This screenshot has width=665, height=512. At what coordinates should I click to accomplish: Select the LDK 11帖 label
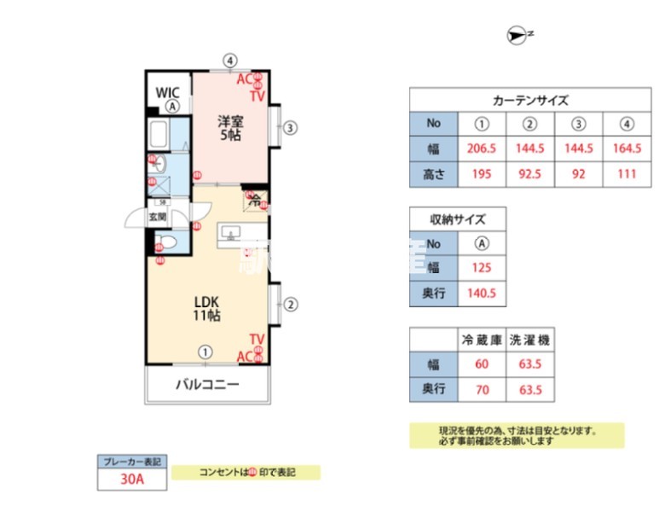pos(207,308)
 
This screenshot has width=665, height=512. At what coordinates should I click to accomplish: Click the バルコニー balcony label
pos(207,384)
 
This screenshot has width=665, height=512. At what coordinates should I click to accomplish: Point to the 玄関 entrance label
pos(159,217)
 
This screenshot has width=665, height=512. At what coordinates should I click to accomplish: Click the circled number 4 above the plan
pos(229,61)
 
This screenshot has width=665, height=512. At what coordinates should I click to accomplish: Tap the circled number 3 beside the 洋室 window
pos(291,129)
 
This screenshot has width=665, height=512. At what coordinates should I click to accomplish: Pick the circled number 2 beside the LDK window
pos(291,304)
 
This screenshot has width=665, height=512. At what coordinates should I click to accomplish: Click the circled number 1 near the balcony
pos(205,351)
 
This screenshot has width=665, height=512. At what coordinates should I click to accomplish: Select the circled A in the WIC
pos(172,107)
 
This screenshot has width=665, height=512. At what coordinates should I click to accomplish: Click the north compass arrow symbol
pos(517,35)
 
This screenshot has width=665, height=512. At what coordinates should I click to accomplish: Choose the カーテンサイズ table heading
pos(530,100)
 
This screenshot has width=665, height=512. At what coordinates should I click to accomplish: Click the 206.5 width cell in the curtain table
pos(483,148)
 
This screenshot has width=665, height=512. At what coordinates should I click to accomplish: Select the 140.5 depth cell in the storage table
pos(483,294)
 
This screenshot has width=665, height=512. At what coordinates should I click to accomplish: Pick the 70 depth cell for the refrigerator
pos(482,390)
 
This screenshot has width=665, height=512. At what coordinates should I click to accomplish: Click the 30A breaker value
pos(131,480)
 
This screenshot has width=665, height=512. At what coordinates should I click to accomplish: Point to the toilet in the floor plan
pos(167,243)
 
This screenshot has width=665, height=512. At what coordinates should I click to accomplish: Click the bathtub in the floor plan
pos(159,135)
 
